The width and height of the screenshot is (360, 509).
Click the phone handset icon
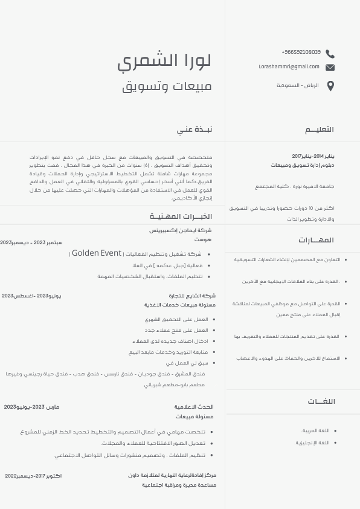[330, 54]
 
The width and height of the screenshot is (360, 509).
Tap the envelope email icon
[330, 67]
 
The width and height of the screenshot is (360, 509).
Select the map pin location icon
[330, 86]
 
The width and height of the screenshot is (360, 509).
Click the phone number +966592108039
[301, 53]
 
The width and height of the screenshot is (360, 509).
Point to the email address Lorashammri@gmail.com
[289, 66]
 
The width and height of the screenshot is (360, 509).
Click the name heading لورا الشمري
[164, 60]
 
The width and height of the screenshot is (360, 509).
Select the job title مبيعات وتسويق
[167, 86]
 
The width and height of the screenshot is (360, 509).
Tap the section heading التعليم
[319, 129]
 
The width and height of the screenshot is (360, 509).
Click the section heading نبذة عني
[194, 129]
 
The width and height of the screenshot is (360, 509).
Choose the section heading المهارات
[320, 240]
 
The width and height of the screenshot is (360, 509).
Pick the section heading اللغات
[321, 401]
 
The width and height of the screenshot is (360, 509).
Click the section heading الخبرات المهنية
[181, 216]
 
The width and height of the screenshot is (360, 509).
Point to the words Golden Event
[97, 253]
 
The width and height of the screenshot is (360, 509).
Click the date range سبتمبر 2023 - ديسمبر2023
[31, 242]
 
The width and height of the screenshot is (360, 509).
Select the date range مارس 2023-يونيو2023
[31, 407]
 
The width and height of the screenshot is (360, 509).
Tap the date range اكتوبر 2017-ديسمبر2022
[33, 476]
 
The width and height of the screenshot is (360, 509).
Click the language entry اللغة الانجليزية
[312, 443]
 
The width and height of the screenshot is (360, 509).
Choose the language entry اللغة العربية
[315, 430]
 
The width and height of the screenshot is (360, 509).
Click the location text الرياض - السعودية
[298, 86]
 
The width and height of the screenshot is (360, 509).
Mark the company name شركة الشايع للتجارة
[192, 296]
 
